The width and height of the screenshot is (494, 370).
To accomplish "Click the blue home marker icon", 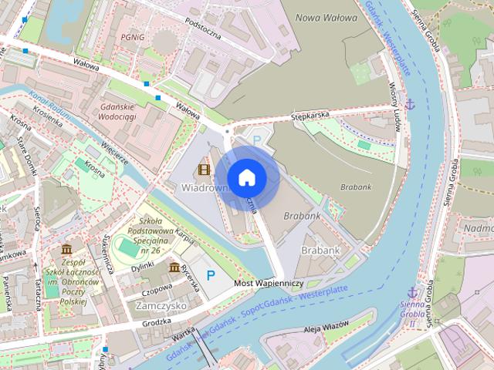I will click(x=246, y=177).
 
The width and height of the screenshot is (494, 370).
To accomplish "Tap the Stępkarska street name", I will click(x=310, y=115).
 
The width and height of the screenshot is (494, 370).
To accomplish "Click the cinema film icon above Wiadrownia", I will click(x=204, y=170).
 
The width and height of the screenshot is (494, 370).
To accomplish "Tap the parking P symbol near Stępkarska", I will click(x=257, y=141).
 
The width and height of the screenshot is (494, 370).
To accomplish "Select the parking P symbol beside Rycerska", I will click(x=210, y=274).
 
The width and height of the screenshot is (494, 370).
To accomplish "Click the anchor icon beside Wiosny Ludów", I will click(x=411, y=103).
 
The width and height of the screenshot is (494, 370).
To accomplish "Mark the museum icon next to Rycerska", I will click(x=174, y=267).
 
